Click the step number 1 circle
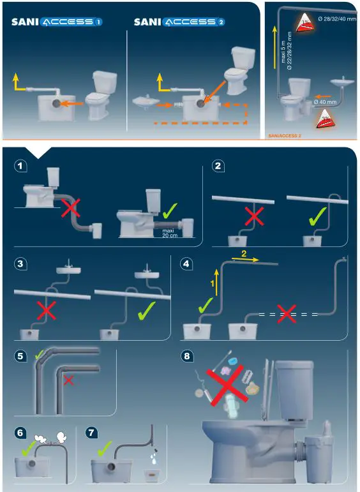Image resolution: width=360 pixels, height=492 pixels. click(x=21, y=166)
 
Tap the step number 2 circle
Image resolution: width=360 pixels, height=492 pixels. click(x=218, y=167)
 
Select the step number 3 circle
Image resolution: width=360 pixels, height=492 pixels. click(x=21, y=262)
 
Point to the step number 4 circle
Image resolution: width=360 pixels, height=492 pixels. click(x=186, y=262)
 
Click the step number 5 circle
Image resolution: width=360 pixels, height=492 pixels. click(x=21, y=357)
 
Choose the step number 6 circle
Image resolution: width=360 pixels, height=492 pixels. click(x=21, y=432)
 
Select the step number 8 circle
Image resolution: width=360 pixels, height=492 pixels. click(x=186, y=357)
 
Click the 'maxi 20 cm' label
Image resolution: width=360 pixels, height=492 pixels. click(x=168, y=234)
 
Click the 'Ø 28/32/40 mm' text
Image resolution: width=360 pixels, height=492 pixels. click(x=337, y=19)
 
